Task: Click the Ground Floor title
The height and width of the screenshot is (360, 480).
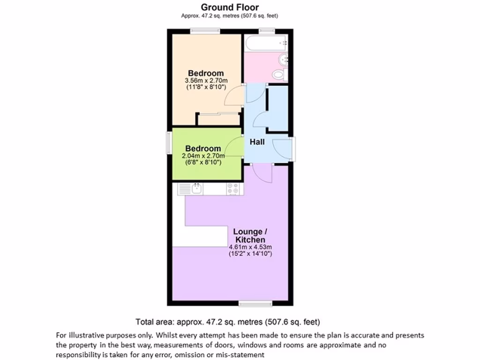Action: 230,7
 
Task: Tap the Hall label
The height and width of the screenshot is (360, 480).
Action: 257,142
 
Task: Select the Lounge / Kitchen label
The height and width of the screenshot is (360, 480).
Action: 250,236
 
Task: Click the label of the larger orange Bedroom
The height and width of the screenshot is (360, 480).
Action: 206,73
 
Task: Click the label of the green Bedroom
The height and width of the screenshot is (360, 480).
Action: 202,149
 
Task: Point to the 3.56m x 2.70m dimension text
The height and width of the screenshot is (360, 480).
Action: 206,81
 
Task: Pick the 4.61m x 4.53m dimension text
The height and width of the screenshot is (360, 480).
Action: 250,247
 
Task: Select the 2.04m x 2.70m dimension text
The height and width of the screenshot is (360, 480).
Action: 202,156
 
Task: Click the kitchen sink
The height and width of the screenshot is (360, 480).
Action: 196,189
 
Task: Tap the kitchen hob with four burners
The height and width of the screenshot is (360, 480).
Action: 233,189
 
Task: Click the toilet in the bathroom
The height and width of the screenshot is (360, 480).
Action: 279,75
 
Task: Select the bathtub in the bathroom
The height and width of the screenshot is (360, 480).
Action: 266,44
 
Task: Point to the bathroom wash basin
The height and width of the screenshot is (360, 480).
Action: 283,60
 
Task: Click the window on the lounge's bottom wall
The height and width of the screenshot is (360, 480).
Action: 255,304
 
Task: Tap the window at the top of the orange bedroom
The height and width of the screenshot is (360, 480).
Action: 205,31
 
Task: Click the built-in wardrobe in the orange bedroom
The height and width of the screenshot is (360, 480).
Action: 218,119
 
